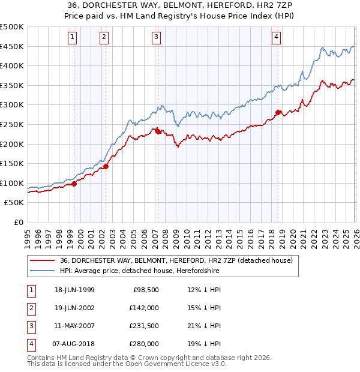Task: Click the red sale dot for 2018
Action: click(x=278, y=112)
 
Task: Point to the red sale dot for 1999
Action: click(x=74, y=184)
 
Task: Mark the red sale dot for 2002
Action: click(x=106, y=166)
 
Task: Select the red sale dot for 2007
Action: click(x=158, y=131)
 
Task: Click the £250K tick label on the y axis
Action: click(x=12, y=124)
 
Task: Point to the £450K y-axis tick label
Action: click(x=12, y=46)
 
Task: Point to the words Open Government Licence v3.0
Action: click(x=176, y=363)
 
